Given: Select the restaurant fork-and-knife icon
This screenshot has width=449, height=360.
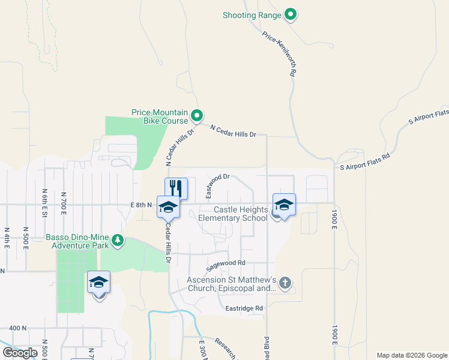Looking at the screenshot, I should pos(176,188).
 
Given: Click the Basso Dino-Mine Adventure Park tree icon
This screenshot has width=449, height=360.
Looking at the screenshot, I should pos(118,241).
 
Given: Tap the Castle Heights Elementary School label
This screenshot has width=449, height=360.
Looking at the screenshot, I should pos(233,214).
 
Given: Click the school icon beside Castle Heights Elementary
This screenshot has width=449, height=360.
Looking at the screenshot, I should pos(284,205).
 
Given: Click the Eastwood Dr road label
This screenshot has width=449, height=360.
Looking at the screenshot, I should pos(218,185).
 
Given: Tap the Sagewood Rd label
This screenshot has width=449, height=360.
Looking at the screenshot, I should pos(226,263).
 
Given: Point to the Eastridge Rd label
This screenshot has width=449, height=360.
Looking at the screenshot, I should pos(244,308).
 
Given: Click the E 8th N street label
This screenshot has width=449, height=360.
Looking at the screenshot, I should pos(142,205).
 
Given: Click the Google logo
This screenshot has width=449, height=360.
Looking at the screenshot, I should pos(20,353).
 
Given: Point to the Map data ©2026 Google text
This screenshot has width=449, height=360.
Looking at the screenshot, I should pos(411,355).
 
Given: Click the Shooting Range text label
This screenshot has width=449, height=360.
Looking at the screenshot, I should pos(252,14).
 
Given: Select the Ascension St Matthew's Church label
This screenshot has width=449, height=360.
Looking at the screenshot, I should pos(231,284).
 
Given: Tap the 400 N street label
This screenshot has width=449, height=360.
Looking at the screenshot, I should pos(18,328).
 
